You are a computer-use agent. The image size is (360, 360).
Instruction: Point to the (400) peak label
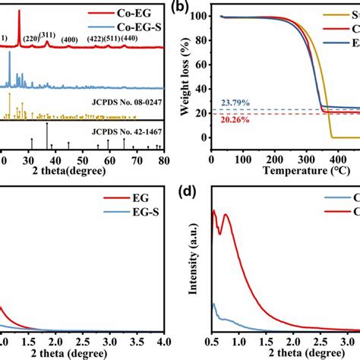coord(69,39)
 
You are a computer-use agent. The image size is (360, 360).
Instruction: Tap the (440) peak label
coord(141,39)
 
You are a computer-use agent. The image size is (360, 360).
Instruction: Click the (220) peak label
coord(30,39)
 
